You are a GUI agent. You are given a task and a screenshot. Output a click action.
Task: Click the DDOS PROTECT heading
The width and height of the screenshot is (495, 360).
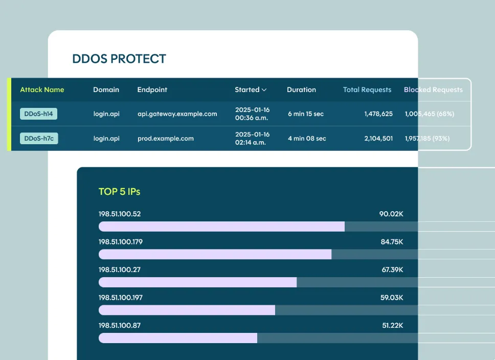point(119,59)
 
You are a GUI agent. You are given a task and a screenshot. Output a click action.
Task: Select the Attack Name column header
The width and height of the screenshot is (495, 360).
point(42,89)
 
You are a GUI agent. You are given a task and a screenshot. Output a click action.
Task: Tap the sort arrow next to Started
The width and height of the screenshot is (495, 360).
point(264,90)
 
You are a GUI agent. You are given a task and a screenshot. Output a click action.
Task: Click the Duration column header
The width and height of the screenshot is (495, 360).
point(301,89)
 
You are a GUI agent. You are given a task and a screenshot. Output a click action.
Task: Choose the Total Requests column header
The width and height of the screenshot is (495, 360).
point(367,89)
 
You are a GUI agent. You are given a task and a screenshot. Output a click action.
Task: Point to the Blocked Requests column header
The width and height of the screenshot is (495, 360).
point(433,89)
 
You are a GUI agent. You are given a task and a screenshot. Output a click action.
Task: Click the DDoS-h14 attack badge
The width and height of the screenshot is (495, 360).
point(38,114)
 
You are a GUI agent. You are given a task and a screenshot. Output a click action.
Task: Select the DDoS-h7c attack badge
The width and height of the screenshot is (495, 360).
point(39,139)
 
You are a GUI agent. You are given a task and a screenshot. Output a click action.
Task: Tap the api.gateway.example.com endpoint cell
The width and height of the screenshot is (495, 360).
point(177,114)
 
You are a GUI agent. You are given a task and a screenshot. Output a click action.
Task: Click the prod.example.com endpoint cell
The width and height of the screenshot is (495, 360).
point(165,139)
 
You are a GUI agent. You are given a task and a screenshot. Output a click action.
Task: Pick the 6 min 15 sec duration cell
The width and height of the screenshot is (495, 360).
point(305,114)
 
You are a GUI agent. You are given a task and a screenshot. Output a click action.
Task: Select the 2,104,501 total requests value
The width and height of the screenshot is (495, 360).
point(378,139)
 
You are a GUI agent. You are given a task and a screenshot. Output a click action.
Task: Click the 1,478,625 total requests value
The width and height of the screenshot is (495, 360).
point(378,114)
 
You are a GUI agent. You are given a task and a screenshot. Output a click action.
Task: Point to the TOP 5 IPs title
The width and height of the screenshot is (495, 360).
point(119,192)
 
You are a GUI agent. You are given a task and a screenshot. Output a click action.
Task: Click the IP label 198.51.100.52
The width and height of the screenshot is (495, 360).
point(119,214)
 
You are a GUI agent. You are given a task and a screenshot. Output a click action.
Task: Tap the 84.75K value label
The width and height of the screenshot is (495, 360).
point(392,242)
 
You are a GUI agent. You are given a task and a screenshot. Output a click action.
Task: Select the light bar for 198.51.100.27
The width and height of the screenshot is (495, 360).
point(197,282)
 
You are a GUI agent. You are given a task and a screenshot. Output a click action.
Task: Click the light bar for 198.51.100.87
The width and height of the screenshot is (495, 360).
point(177,338)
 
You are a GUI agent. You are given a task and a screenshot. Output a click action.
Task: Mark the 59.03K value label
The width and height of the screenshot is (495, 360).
point(392,298)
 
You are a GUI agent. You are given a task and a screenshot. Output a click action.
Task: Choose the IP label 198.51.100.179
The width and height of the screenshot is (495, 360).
point(120,242)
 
